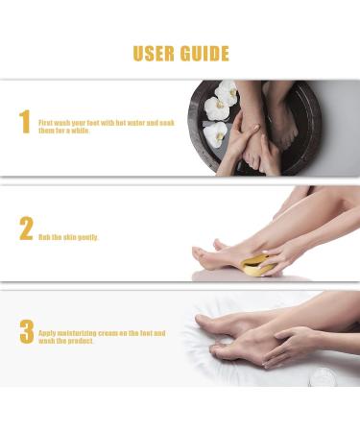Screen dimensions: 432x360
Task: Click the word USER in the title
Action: (x=156, y=53)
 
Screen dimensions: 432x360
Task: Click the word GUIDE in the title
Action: (x=204, y=53)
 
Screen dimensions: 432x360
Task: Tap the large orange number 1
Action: (x=25, y=123)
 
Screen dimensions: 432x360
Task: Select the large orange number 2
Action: (x=26, y=229)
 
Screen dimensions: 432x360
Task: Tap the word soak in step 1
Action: (x=165, y=123)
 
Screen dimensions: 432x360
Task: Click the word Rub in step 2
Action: (x=44, y=237)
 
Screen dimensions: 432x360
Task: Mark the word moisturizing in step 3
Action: (x=78, y=333)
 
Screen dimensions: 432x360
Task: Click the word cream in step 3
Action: (x=114, y=333)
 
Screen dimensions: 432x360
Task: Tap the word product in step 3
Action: (x=82, y=341)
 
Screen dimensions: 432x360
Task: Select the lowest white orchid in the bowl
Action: (x=217, y=132)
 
